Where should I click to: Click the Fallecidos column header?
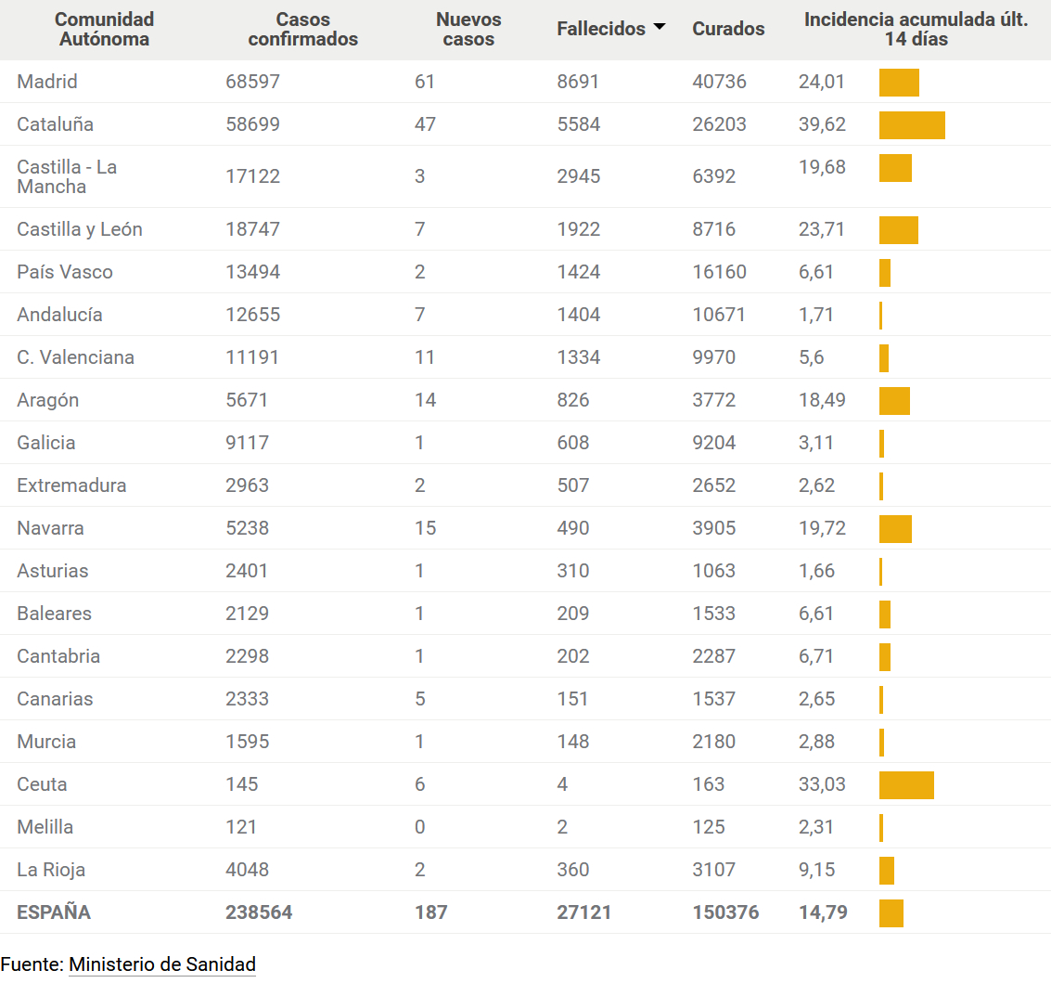click(600, 29)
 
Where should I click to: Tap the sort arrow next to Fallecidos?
click(660, 27)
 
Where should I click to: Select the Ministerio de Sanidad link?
click(162, 964)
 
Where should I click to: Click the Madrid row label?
click(47, 82)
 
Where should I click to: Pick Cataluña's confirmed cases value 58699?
click(252, 124)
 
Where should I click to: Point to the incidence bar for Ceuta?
click(906, 785)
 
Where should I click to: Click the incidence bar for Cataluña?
click(912, 125)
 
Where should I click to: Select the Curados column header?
click(728, 29)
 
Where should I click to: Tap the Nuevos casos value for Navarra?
click(425, 528)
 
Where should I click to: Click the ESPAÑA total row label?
click(54, 912)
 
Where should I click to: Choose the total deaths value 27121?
click(583, 912)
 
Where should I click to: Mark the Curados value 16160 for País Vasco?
click(719, 272)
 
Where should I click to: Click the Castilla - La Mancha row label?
click(67, 176)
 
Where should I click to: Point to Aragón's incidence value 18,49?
click(822, 400)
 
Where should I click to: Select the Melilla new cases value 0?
click(420, 827)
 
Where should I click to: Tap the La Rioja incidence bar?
click(887, 871)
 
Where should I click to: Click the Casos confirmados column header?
click(302, 29)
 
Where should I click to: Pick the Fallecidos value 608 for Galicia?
click(572, 443)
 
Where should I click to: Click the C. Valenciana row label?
click(75, 357)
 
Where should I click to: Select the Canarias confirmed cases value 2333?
click(247, 699)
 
